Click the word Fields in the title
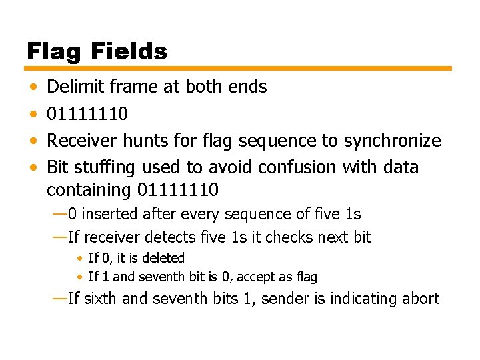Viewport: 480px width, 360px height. (x=130, y=51)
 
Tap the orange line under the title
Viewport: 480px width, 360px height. (x=239, y=68)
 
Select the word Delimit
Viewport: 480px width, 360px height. (x=73, y=87)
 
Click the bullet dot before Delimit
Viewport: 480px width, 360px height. (x=33, y=87)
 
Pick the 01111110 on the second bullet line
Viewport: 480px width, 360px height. (x=87, y=114)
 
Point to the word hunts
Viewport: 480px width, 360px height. (x=164, y=141)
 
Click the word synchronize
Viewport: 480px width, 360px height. (x=392, y=141)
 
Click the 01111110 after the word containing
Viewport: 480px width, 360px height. (x=177, y=190)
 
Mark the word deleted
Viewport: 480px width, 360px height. (x=164, y=258)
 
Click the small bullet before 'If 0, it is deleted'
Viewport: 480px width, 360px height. (x=80, y=258)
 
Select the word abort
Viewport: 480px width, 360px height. (x=420, y=298)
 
